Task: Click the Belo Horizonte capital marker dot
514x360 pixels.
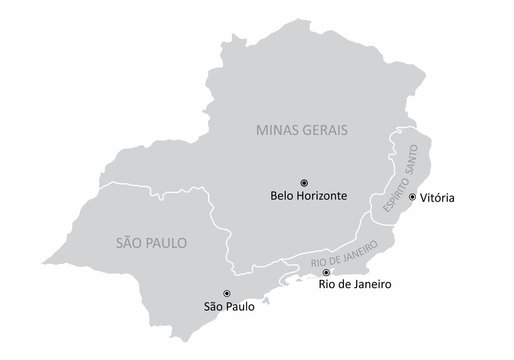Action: pyautogui.click(x=304, y=182)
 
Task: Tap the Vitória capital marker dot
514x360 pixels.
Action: pyautogui.click(x=412, y=197)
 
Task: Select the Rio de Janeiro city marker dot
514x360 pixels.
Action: pyautogui.click(x=326, y=271)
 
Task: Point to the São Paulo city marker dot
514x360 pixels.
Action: pyautogui.click(x=227, y=292)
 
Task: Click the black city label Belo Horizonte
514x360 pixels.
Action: pyautogui.click(x=308, y=197)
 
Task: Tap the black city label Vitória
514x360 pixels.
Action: pyautogui.click(x=437, y=198)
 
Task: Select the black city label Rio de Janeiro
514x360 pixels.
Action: pyautogui.click(x=354, y=285)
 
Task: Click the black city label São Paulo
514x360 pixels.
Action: pyautogui.click(x=228, y=307)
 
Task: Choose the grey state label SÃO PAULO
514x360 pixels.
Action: pyautogui.click(x=152, y=242)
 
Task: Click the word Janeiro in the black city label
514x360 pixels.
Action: pyautogui.click(x=369, y=285)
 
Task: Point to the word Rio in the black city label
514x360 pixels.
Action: pyautogui.click(x=327, y=285)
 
